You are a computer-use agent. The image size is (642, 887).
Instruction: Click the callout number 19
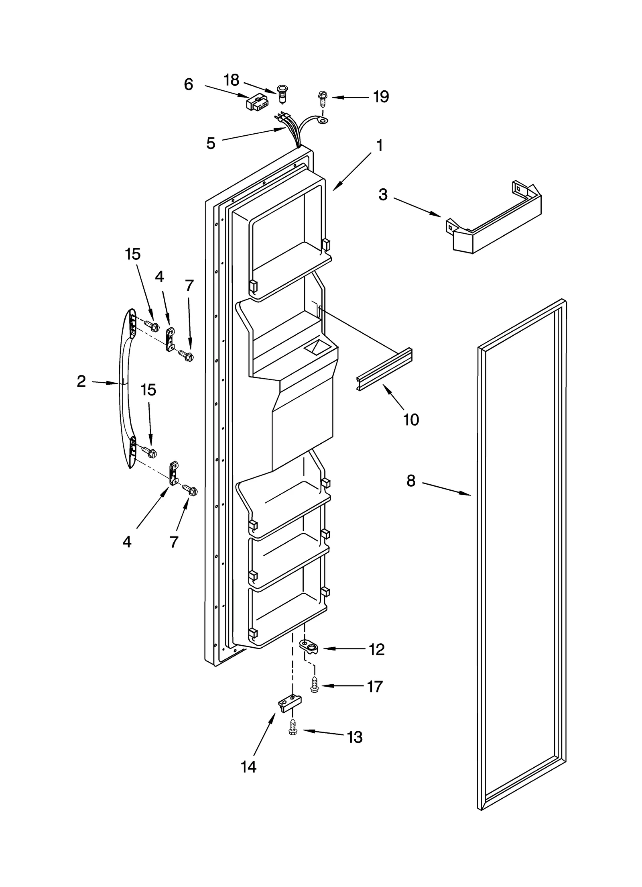pos(381,97)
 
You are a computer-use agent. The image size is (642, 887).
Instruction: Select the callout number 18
pos(231,80)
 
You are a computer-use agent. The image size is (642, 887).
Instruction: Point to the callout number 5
pos(211,143)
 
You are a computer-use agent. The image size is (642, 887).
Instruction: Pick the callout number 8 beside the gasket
pos(411,481)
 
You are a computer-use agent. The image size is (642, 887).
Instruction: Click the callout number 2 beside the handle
pos(81,381)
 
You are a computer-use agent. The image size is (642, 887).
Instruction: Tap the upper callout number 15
pos(133,254)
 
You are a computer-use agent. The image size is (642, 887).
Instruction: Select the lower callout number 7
pos(174,542)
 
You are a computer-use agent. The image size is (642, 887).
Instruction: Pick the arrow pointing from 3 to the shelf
pos(417,207)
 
